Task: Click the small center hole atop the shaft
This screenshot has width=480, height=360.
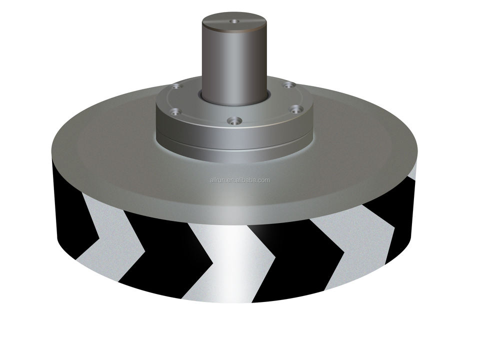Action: [234, 21]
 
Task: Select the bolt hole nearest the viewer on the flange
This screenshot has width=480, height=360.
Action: [235, 120]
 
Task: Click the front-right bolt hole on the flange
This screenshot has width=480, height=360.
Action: [295, 109]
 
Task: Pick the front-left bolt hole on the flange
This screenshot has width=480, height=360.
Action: [175, 111]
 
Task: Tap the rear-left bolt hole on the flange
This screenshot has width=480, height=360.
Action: [176, 87]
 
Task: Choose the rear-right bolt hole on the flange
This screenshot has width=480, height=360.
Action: [288, 84]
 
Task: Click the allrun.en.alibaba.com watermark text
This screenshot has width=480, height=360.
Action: [240, 180]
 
